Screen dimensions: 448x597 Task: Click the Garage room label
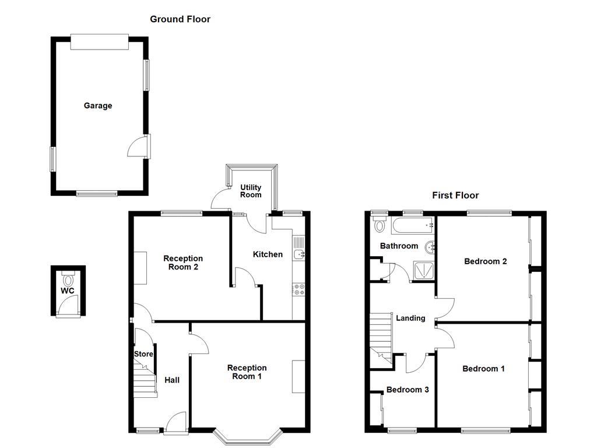(97, 106)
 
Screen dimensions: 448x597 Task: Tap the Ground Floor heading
(180, 19)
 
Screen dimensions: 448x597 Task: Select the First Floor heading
(455, 195)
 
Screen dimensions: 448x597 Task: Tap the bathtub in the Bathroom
(413, 224)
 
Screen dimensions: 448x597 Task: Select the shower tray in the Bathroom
(423, 270)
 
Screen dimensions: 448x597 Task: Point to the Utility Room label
(251, 191)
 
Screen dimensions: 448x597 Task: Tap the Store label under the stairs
(143, 354)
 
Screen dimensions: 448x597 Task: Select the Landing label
(410, 318)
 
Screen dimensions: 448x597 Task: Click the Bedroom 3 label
(408, 390)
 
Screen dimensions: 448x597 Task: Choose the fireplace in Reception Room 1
(298, 377)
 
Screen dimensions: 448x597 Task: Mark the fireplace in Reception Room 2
(140, 267)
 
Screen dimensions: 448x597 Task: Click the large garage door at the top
(99, 41)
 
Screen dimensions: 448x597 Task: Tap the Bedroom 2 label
(485, 261)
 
